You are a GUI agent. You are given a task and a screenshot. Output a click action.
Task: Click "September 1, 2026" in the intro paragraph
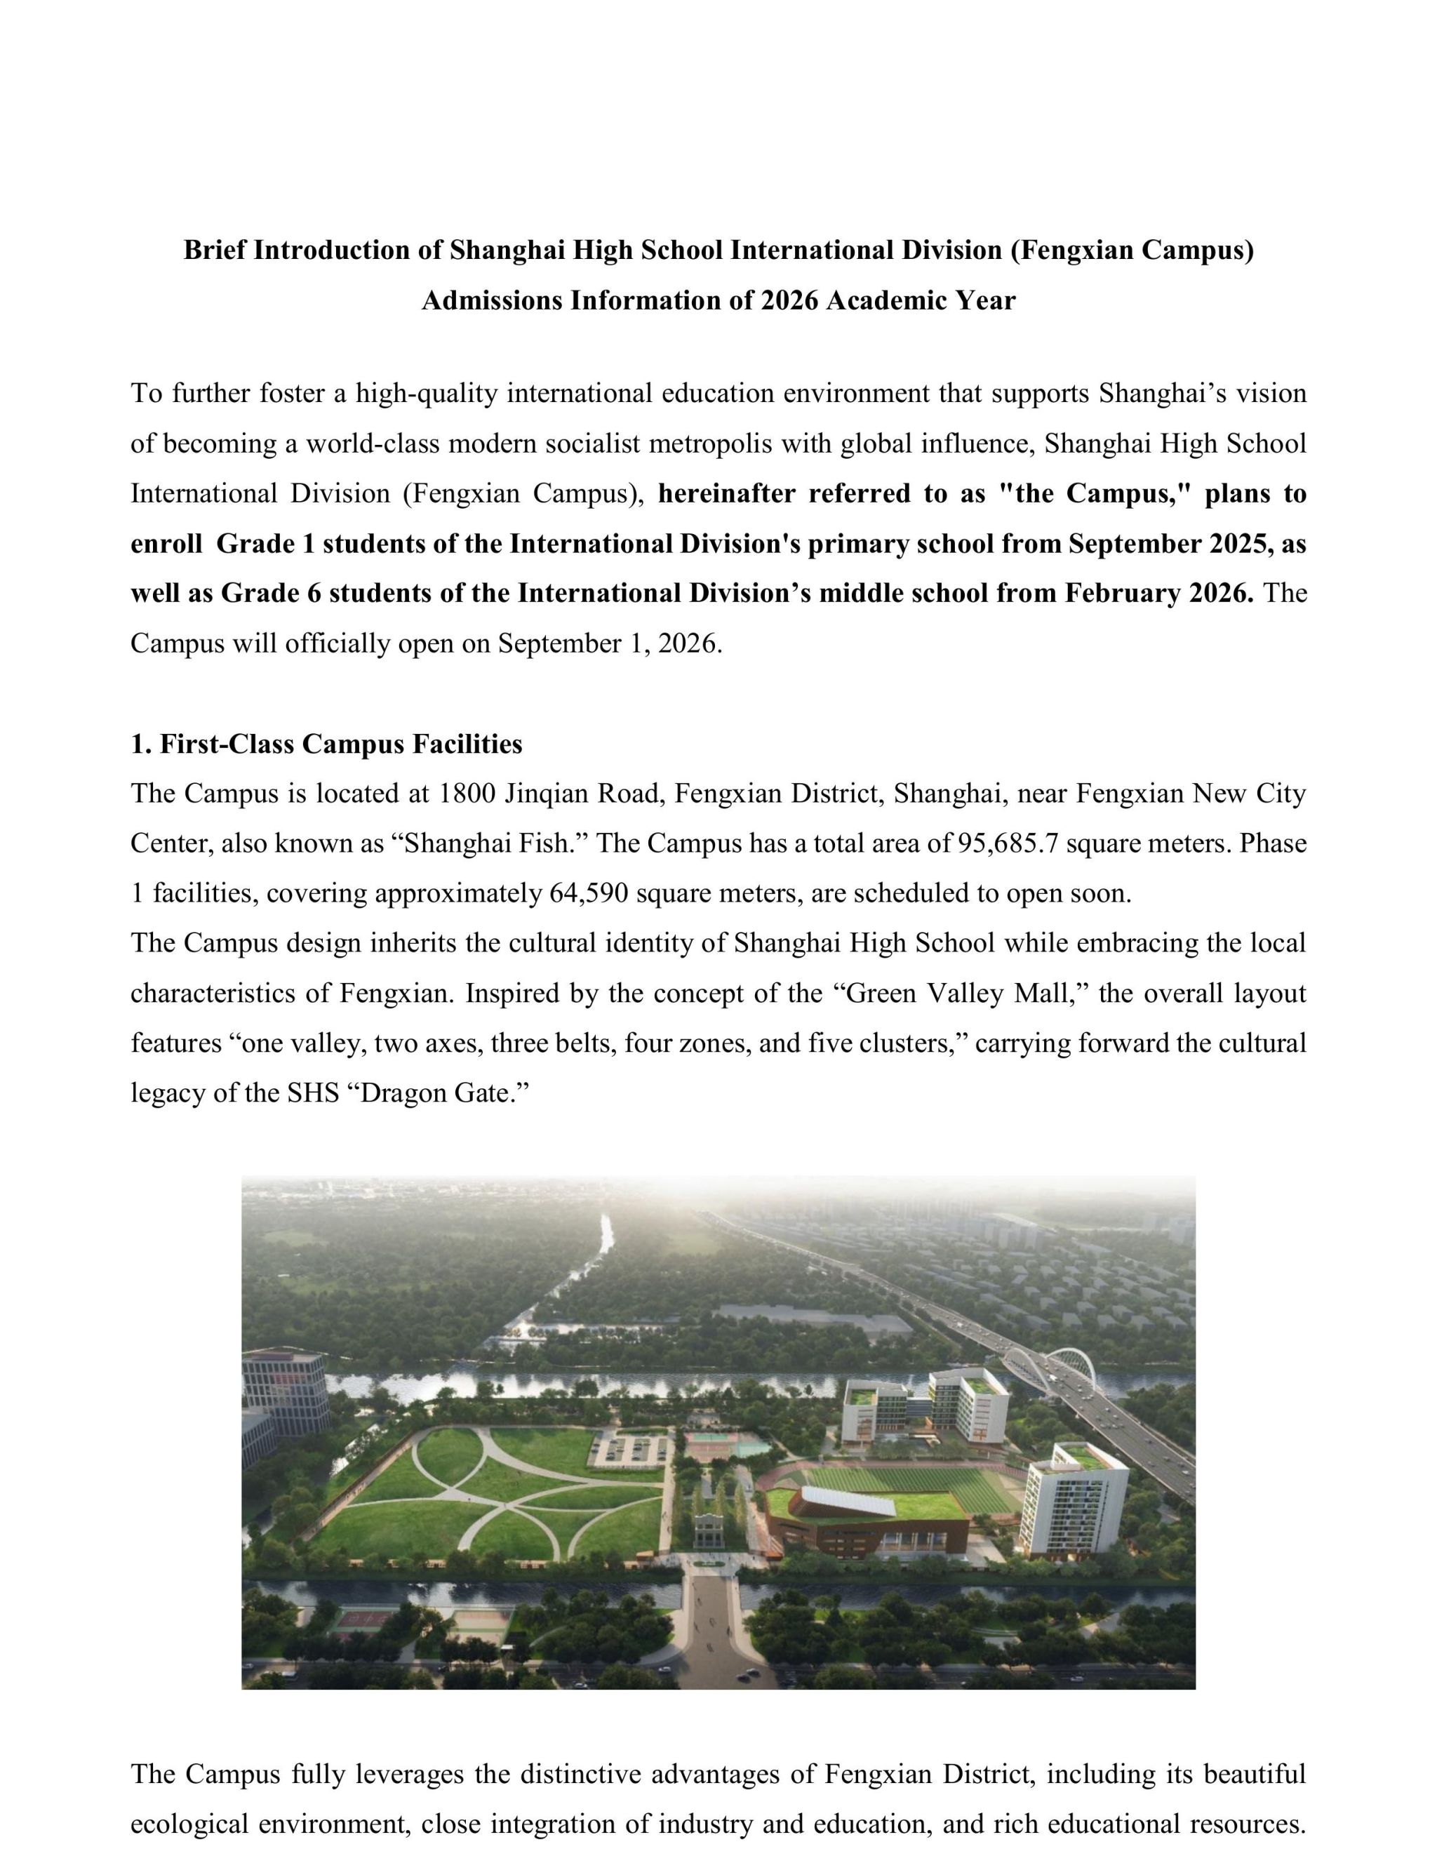(x=609, y=643)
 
